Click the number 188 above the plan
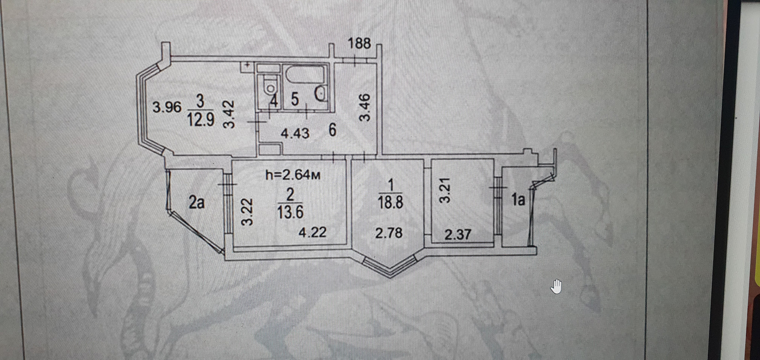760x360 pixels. coord(359,43)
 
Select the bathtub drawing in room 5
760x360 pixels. coord(304,75)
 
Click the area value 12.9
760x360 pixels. coord(200,119)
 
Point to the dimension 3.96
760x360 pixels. coord(167,107)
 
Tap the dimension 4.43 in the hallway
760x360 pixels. coord(295,133)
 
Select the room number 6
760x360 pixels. coord(332,130)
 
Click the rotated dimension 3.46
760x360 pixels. coord(365,107)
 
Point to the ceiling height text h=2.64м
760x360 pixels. coord(293,175)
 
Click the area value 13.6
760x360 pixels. coord(290,212)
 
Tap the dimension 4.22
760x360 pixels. coord(312,232)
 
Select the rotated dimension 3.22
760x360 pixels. coord(247,212)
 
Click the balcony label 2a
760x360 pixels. coord(196,202)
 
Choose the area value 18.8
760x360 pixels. coord(390,202)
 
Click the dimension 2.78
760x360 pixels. coord(389,233)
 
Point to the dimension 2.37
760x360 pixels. coord(458,234)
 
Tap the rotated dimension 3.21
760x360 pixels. coord(445,190)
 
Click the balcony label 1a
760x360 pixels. coord(518,200)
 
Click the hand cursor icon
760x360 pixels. coord(556,286)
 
